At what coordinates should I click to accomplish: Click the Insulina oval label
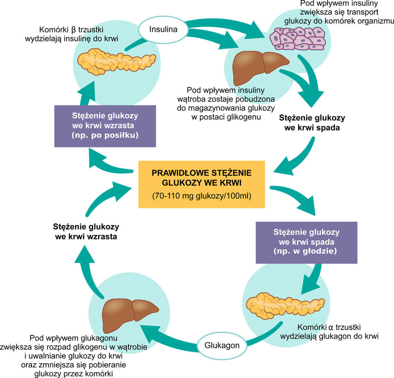[x=163, y=30]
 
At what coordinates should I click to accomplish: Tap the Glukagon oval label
[x=222, y=345]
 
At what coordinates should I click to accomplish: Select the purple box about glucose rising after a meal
[x=105, y=126]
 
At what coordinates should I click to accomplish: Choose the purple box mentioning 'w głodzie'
[x=306, y=242]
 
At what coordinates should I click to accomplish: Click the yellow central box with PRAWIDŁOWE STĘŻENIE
[x=202, y=184]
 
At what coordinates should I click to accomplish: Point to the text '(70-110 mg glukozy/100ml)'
[x=202, y=196]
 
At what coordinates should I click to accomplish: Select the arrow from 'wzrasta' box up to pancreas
[x=87, y=93]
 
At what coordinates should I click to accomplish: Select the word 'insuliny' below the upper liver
[x=250, y=91]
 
